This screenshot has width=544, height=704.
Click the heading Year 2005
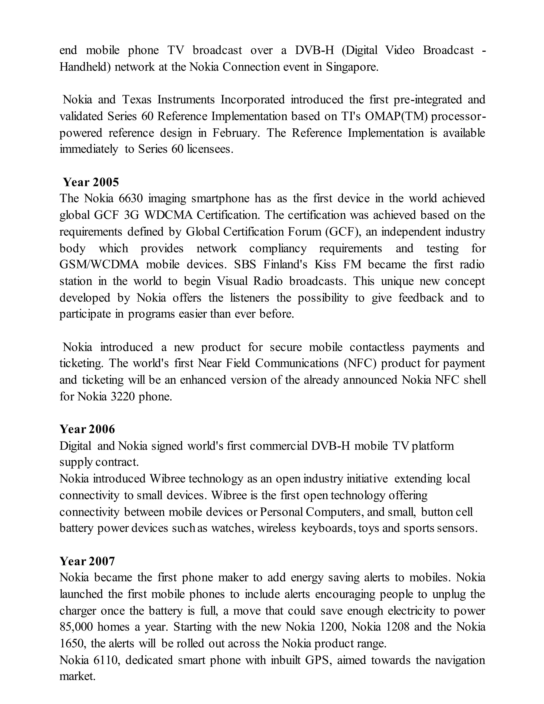tap(91, 182)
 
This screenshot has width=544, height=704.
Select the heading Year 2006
tap(87, 429)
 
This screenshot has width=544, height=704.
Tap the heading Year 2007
tap(87, 561)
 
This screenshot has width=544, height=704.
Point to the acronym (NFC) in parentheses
tap(360, 363)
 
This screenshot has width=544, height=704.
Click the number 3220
tap(122, 396)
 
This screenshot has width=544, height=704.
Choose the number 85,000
tap(75, 627)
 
